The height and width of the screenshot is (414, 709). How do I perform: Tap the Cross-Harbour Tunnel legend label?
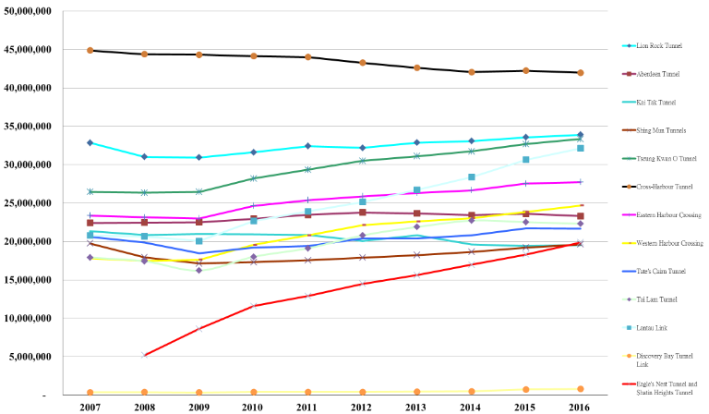pos(663,186)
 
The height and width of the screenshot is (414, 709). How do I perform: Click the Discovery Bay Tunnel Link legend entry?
pos(663,358)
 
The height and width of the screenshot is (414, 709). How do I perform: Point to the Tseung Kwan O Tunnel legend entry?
pos(664,157)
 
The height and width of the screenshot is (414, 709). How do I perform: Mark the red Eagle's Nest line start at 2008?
pos(144,355)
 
